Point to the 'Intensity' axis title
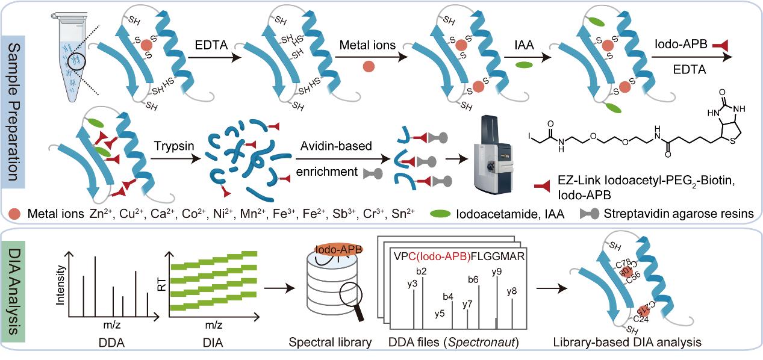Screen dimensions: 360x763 [59, 287]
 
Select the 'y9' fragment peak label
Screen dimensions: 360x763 [496, 272]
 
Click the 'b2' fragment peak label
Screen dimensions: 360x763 [422, 271]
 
